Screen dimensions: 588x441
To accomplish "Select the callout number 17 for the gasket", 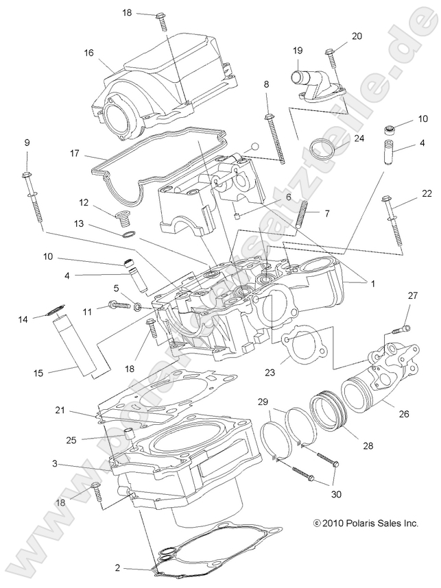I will tap(76, 154).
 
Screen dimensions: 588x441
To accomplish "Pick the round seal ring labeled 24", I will tap(322, 148).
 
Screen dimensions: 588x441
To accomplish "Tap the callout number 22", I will tap(427, 192).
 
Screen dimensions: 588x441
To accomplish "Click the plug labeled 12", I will tap(123, 221).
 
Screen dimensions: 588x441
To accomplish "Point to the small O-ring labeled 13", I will tap(128, 237).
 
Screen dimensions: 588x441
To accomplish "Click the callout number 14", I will tap(24, 319).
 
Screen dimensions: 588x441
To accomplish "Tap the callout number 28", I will tap(368, 445).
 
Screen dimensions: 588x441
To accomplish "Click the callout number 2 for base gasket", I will tap(117, 568).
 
